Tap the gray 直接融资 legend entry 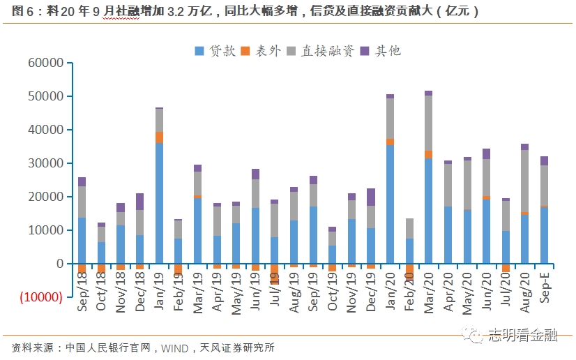tap(321, 50)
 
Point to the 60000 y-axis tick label tap(45, 63)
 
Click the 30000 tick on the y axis tap(45, 163)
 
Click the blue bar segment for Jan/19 tap(160, 202)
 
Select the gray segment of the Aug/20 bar tap(525, 181)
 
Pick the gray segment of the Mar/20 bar tap(429, 123)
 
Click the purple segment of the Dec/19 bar tap(371, 197)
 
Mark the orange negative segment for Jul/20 tap(506, 268)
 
